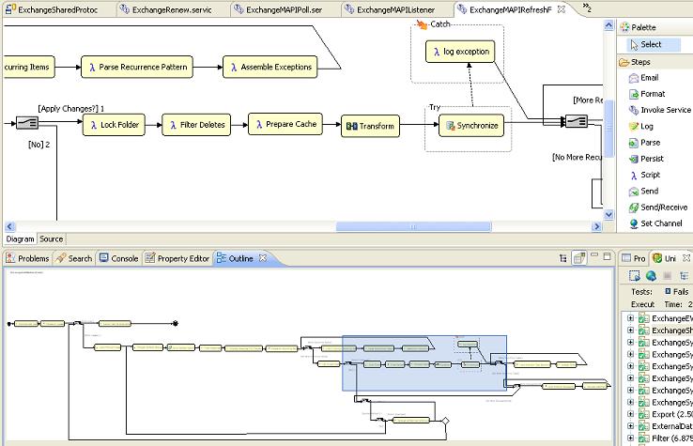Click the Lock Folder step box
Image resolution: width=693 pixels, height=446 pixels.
(x=117, y=125)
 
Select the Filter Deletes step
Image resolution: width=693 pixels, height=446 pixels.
(x=197, y=125)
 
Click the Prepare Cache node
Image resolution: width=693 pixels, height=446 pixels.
(x=285, y=124)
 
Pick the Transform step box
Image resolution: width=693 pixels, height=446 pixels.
(x=370, y=126)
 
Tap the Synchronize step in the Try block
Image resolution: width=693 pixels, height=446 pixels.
(x=472, y=125)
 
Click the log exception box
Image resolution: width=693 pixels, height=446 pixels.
(x=459, y=52)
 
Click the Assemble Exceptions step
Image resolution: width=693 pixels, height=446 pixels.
(x=270, y=67)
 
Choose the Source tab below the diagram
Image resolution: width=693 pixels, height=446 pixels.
(x=51, y=239)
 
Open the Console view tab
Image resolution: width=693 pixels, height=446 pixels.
(x=119, y=258)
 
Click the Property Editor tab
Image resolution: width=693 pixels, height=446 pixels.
(x=177, y=258)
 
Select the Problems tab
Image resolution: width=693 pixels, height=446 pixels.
(x=27, y=258)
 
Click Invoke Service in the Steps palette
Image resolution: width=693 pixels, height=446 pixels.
(x=665, y=110)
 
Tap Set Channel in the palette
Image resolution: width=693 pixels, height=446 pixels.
(x=660, y=223)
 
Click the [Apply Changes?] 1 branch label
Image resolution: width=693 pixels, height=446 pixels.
(x=71, y=108)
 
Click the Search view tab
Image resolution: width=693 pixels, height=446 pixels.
(x=74, y=258)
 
